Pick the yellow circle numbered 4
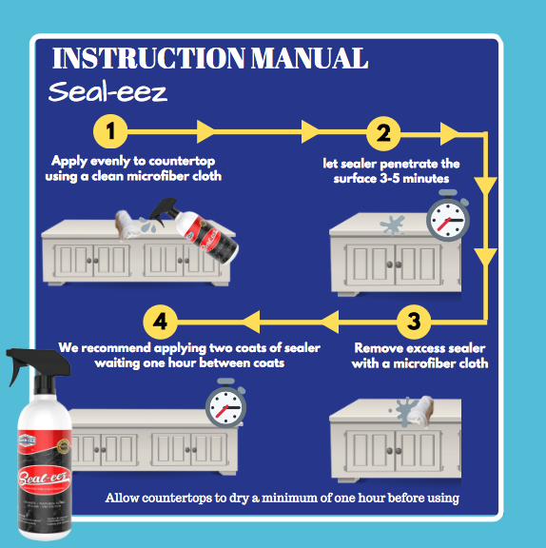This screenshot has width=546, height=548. click(159, 321)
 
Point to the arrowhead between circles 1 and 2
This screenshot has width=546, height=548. click(204, 129)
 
